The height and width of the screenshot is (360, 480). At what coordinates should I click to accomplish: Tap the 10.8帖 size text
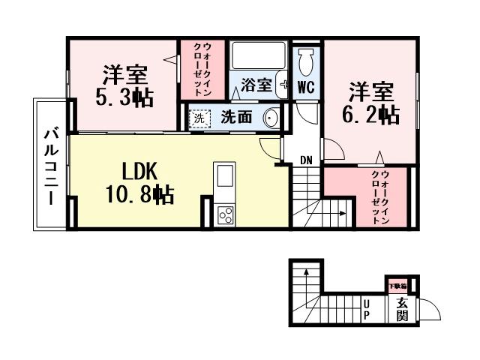[139, 195]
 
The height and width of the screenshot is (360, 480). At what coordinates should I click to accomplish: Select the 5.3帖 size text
[124, 98]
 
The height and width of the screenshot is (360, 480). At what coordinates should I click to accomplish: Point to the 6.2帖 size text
[370, 114]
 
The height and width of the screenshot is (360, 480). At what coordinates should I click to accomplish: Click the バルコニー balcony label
[50, 165]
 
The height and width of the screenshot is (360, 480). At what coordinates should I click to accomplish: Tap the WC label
[305, 86]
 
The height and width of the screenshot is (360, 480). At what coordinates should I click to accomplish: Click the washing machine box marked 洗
[199, 118]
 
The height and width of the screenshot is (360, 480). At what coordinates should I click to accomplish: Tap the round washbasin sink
[270, 118]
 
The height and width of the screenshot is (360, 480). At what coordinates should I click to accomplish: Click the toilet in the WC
[305, 59]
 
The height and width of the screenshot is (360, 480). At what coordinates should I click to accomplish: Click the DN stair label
[305, 160]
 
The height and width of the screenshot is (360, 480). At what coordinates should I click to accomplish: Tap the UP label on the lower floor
[367, 309]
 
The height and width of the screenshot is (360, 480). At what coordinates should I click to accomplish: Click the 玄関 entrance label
[402, 309]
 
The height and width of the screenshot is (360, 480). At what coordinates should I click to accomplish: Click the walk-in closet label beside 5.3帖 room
[202, 68]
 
